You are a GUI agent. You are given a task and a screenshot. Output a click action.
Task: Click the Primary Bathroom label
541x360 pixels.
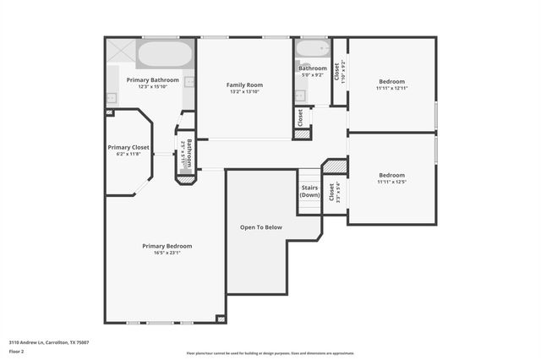(153, 79)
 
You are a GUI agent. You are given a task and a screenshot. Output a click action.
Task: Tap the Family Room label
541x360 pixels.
(244, 85)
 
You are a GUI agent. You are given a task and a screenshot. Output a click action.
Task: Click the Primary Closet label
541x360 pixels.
(128, 147)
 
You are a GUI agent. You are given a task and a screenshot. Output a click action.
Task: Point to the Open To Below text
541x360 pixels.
(261, 227)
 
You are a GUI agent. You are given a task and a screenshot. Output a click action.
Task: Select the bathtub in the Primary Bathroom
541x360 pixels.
(165, 55)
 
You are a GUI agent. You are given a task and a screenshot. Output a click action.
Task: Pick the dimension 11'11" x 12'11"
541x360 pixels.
(391, 88)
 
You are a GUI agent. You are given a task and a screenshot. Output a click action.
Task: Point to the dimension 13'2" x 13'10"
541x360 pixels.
(244, 91)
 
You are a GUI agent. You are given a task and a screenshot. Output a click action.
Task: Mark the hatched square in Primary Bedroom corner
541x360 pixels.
(221, 319)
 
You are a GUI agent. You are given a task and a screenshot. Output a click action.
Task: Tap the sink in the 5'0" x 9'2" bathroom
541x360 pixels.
(299, 94)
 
